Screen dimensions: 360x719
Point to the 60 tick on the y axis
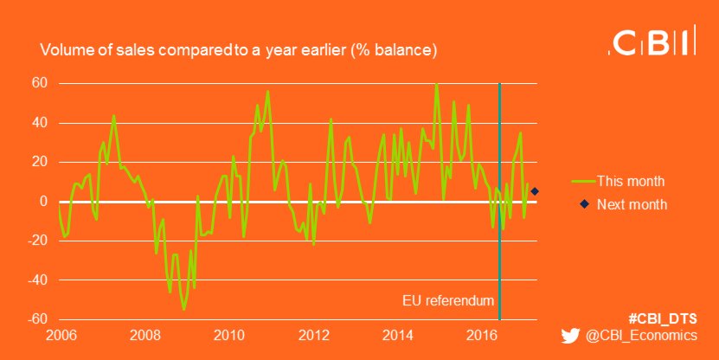(x=40, y=83)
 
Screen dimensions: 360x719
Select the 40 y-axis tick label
(x=40, y=123)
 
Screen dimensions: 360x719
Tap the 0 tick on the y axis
(x=43, y=202)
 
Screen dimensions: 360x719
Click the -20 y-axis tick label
(x=38, y=241)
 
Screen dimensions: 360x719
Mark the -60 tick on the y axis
(x=38, y=319)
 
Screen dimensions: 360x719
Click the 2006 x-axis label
(x=59, y=335)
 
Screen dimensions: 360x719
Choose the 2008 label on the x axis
(x=144, y=335)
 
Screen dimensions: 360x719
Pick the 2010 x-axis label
(x=228, y=335)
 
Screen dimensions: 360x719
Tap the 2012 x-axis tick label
(x=314, y=335)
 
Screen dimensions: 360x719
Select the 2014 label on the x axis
(x=399, y=335)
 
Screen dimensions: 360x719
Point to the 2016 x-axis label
(x=484, y=335)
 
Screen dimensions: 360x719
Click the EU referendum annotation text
(x=449, y=302)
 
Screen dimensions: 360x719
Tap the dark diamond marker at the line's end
(x=535, y=191)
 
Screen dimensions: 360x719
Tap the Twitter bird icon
(x=569, y=336)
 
